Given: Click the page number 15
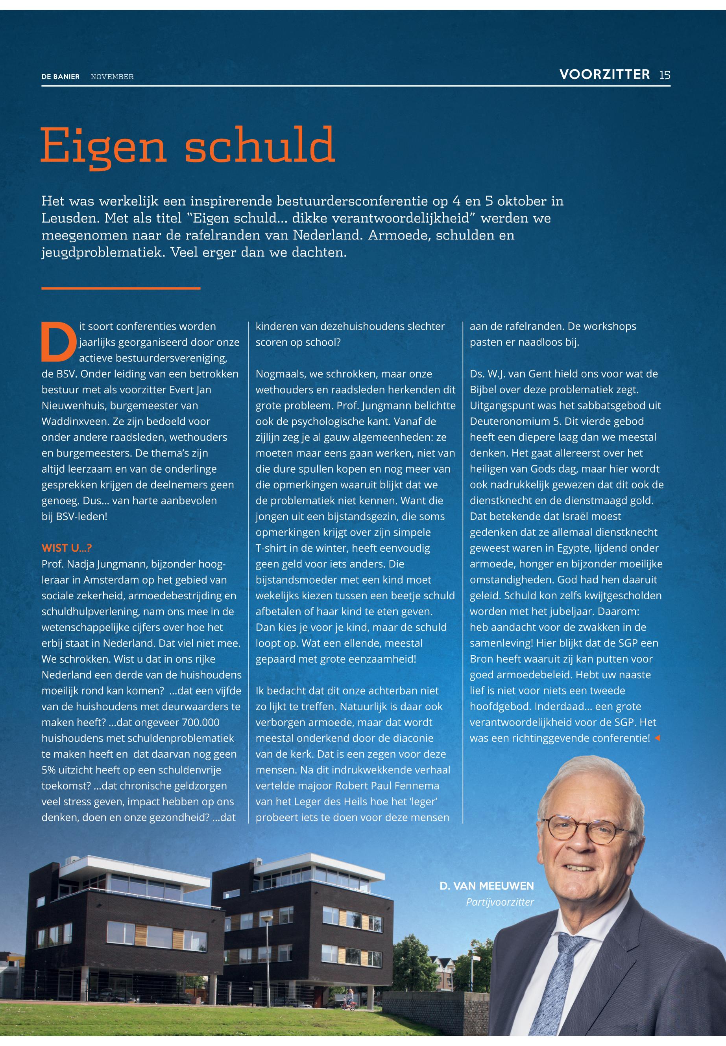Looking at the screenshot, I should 665,75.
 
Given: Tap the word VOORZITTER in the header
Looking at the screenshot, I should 604,75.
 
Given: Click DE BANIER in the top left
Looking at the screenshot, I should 60,77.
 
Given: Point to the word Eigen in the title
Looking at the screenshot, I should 104,146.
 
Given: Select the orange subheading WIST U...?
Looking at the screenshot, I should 67,548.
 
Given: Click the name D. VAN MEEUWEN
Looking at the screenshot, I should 486,886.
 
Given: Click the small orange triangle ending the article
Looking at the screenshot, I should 657,738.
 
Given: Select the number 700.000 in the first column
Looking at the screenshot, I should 201,722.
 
